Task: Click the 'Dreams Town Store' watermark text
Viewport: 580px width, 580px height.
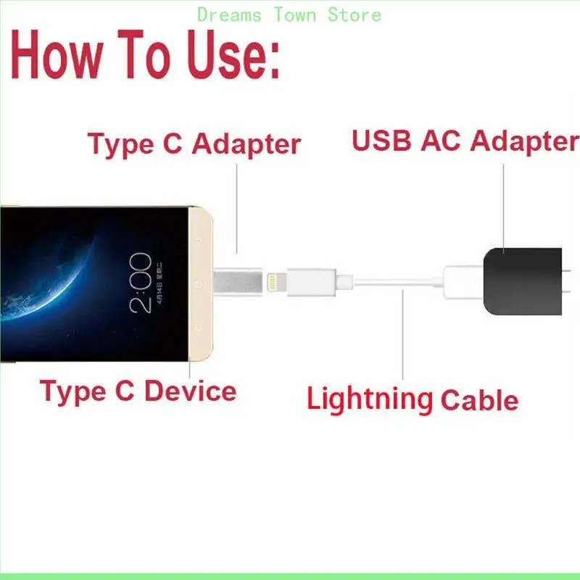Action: (289, 14)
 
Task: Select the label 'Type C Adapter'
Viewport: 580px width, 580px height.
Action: (194, 144)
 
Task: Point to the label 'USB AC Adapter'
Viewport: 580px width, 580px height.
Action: (465, 141)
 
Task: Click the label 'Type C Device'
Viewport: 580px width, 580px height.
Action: (138, 391)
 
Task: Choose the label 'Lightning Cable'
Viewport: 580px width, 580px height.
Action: (412, 399)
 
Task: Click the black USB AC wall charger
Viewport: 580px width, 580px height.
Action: (521, 281)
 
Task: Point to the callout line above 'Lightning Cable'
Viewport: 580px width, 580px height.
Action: (404, 333)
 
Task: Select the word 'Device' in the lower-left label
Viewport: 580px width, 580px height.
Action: (191, 391)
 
